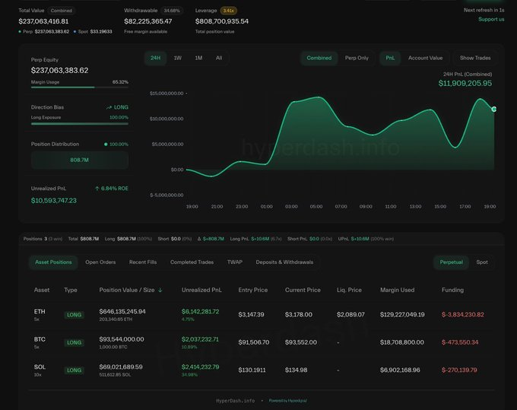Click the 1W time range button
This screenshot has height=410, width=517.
(x=177, y=58)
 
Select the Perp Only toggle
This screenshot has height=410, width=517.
(x=357, y=58)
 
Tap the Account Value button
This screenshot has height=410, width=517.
(x=425, y=58)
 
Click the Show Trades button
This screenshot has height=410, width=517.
(x=476, y=58)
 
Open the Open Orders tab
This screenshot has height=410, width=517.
(x=100, y=262)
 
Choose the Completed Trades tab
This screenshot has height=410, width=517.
(x=192, y=262)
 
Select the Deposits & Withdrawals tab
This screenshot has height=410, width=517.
(x=284, y=262)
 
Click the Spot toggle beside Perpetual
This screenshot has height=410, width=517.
(x=482, y=262)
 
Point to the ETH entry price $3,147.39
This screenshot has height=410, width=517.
(x=251, y=314)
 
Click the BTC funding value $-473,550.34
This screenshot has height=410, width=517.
(x=460, y=342)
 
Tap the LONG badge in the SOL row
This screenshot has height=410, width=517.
(x=74, y=370)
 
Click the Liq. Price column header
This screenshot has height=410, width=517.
(x=350, y=290)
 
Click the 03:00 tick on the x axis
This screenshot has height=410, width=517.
(x=291, y=206)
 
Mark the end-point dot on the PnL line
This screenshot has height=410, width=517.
(x=493, y=109)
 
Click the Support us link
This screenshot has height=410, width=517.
(x=490, y=19)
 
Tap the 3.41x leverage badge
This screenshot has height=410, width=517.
(x=228, y=11)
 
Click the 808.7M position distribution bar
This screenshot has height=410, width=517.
(x=79, y=161)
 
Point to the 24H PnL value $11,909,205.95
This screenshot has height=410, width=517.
(x=465, y=84)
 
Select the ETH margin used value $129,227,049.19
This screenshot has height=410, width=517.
(x=402, y=314)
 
